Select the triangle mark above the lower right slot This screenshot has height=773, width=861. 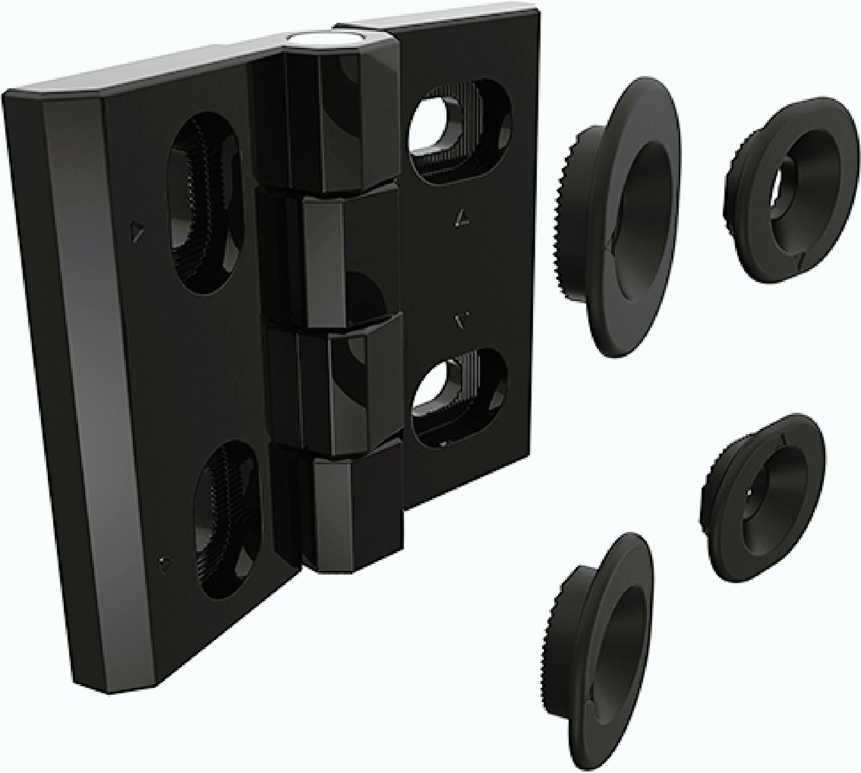(x=461, y=321)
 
